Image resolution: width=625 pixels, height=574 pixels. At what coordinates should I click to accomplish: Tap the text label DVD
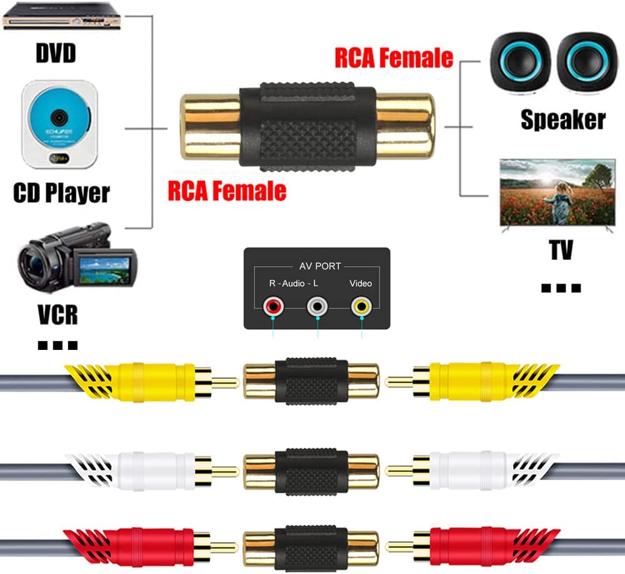[x=55, y=53]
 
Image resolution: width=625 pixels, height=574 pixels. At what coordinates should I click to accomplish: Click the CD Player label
[x=61, y=192]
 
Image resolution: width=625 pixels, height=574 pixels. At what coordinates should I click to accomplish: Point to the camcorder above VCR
[x=75, y=257]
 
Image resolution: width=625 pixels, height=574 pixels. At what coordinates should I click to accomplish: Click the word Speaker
[x=563, y=119]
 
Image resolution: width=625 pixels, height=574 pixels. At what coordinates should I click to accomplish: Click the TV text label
[x=561, y=250]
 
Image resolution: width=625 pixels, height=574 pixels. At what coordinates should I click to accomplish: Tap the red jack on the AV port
[x=273, y=306]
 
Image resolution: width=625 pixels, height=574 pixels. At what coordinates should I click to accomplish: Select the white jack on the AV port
[x=317, y=306]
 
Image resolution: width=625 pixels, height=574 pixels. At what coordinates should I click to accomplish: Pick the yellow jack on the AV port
[x=361, y=306]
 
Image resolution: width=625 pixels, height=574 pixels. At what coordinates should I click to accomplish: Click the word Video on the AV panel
[x=361, y=284]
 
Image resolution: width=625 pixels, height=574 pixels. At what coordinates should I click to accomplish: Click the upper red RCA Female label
[x=394, y=58]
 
